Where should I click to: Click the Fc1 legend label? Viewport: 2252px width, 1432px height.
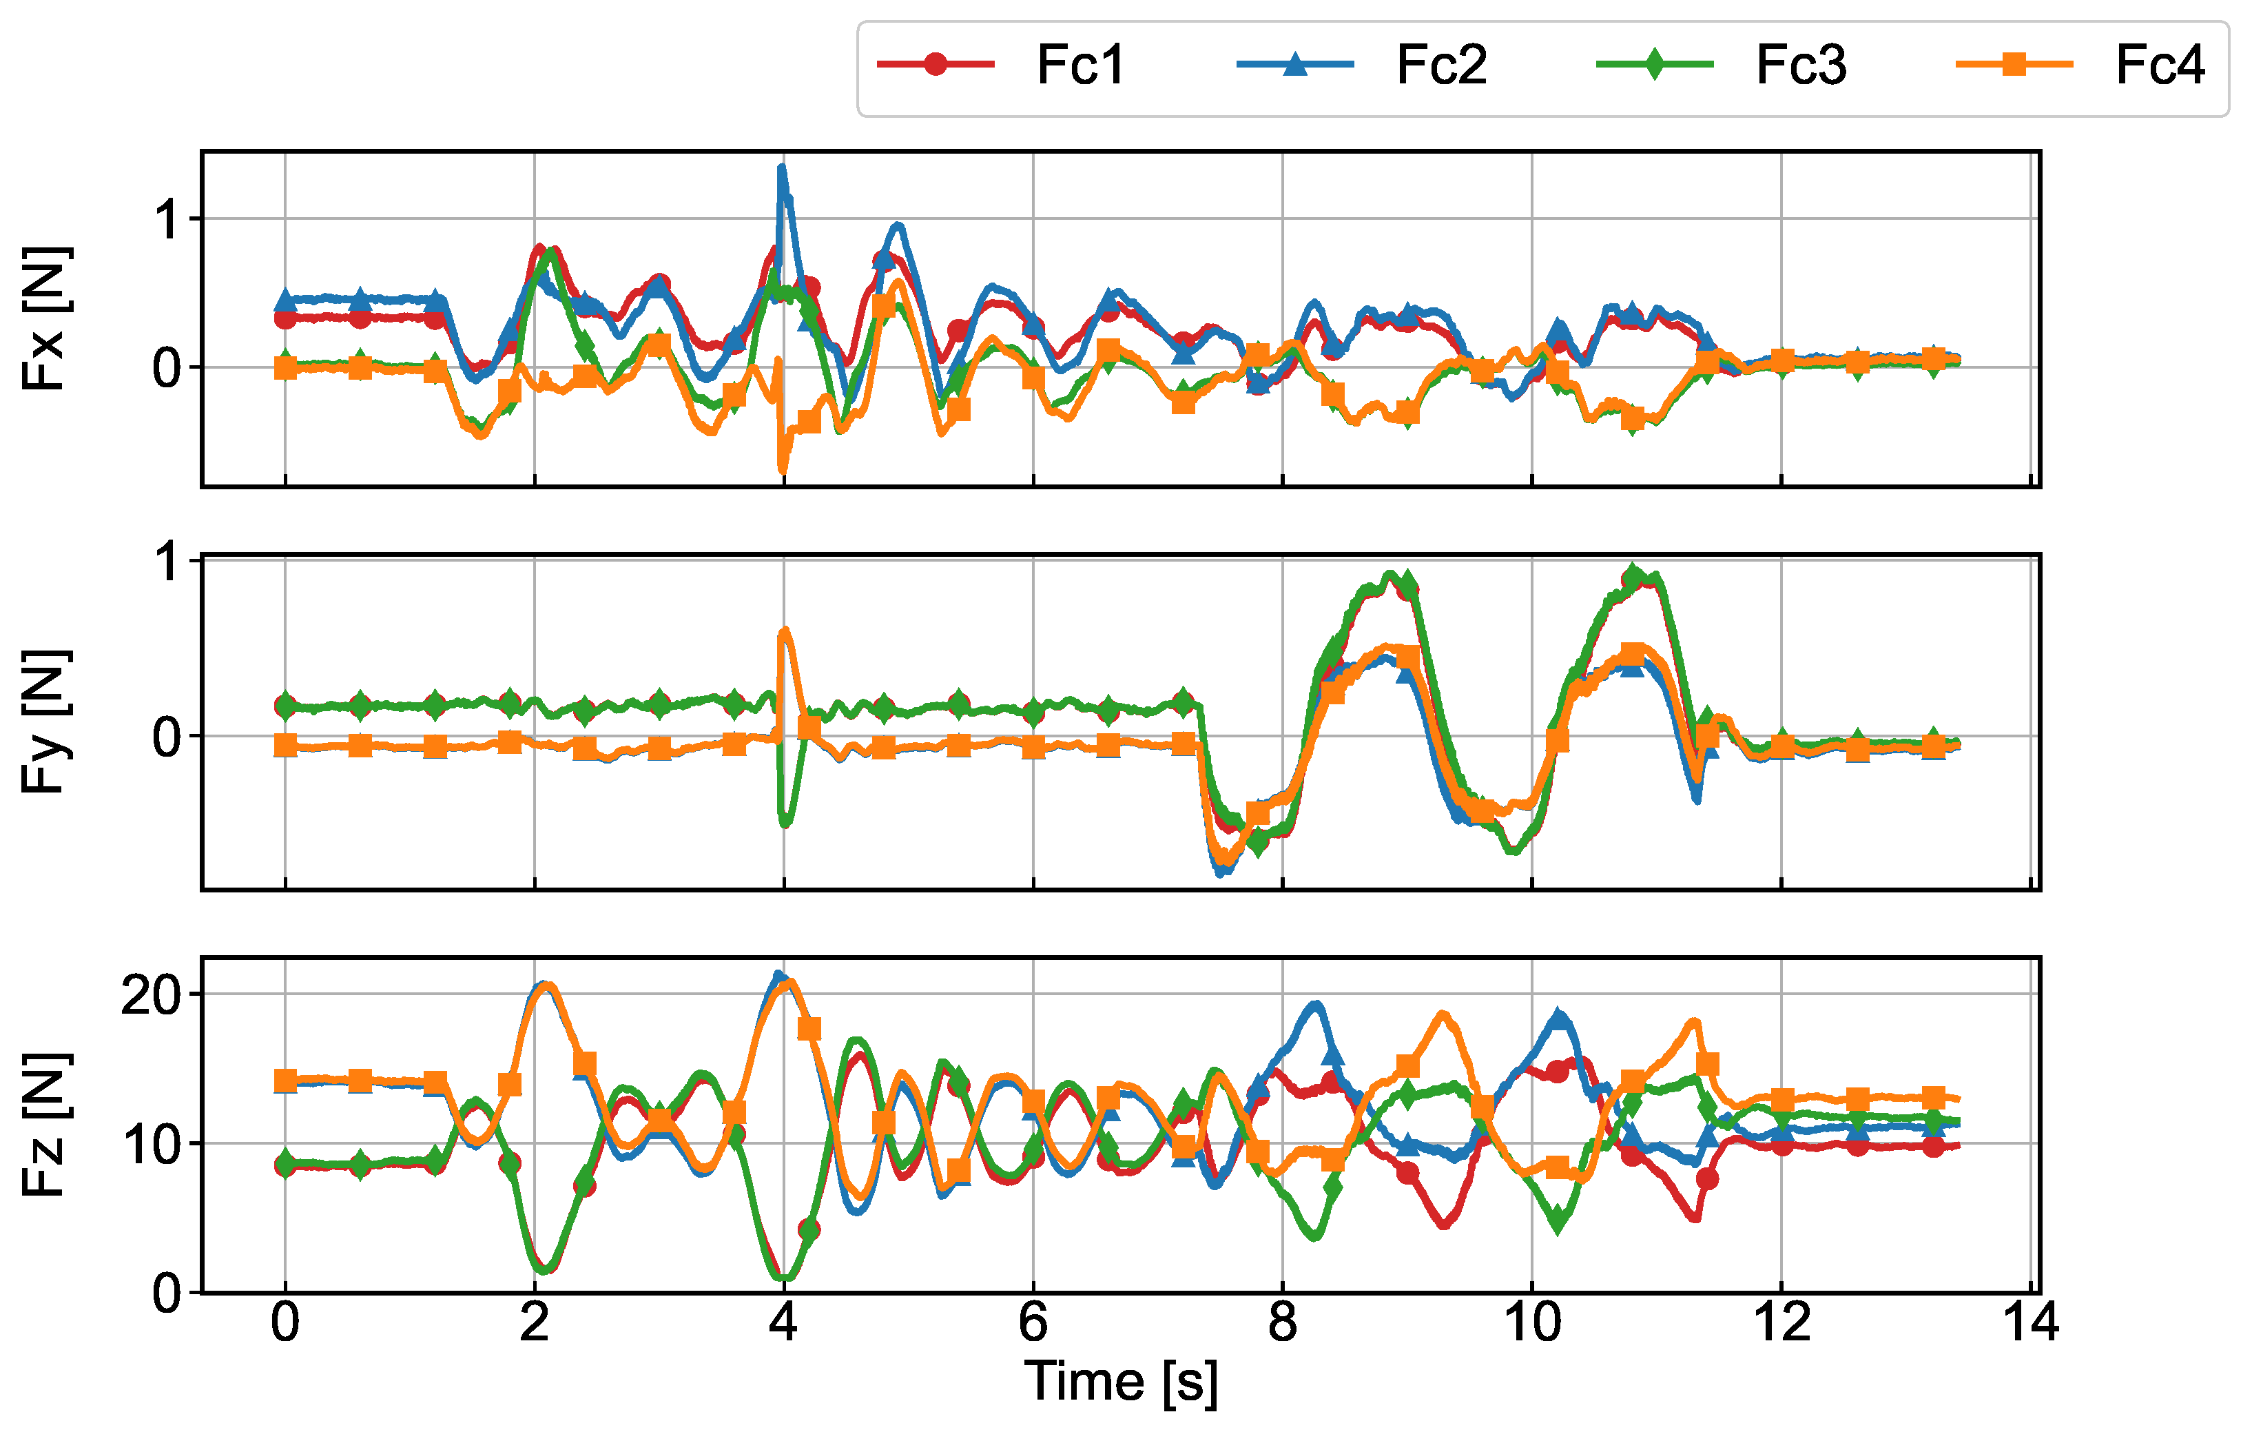[x=1080, y=65]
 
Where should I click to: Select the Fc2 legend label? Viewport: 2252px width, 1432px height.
[x=1441, y=65]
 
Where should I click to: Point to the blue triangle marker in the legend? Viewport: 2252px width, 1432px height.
[x=1294, y=63]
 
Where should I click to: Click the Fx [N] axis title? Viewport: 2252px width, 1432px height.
[x=45, y=318]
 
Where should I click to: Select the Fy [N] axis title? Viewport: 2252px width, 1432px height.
[x=45, y=721]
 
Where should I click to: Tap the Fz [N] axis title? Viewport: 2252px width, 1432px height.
[x=45, y=1125]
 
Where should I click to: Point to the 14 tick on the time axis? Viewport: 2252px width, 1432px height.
[x=2030, y=1322]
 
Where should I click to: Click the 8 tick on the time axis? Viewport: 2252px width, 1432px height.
[x=1282, y=1322]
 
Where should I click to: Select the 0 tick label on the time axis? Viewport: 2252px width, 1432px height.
[x=285, y=1322]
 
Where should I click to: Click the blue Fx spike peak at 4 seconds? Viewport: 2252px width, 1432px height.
[x=782, y=168]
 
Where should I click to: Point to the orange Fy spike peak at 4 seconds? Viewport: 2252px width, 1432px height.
[x=785, y=631]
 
